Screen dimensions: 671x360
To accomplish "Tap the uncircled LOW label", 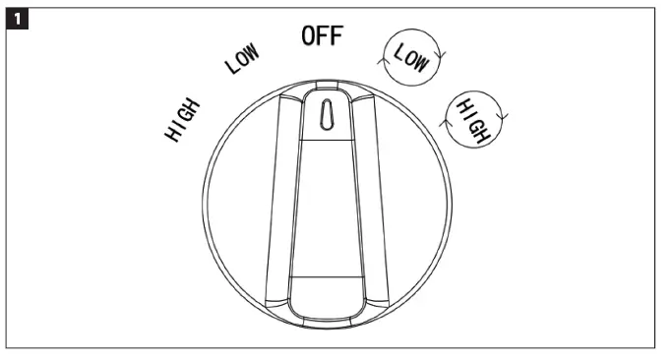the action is click(242, 62).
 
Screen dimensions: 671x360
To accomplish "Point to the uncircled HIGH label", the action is click(184, 119).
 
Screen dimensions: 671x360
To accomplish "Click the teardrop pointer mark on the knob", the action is click(324, 114).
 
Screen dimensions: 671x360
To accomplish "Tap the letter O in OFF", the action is click(308, 36).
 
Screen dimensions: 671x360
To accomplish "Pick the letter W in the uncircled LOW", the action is click(254, 52).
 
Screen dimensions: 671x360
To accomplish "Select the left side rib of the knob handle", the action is click(278, 197).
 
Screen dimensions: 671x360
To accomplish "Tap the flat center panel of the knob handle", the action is click(325, 207).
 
